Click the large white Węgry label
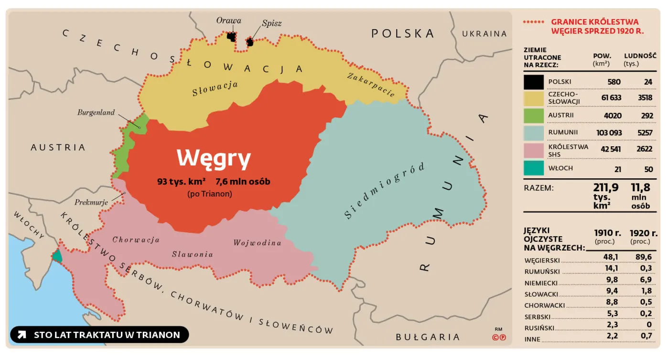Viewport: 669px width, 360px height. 214,158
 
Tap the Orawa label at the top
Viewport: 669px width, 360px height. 228,21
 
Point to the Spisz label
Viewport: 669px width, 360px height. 271,23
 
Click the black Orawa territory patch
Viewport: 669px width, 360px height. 231,36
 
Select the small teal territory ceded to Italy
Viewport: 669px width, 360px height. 57,256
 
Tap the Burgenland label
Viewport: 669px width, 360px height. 96,113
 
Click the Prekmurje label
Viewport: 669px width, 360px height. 91,202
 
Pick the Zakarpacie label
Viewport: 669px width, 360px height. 371,85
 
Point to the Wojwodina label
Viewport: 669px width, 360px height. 257,243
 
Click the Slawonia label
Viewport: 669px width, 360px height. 193,254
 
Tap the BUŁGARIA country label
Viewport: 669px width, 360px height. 428,338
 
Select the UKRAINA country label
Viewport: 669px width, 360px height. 484,33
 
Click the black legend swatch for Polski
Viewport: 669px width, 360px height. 533,82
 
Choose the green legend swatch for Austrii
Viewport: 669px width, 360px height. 533,116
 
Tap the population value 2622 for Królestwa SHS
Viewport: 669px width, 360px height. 644,149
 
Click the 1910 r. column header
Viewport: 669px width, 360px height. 607,233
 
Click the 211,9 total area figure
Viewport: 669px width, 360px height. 606,187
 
